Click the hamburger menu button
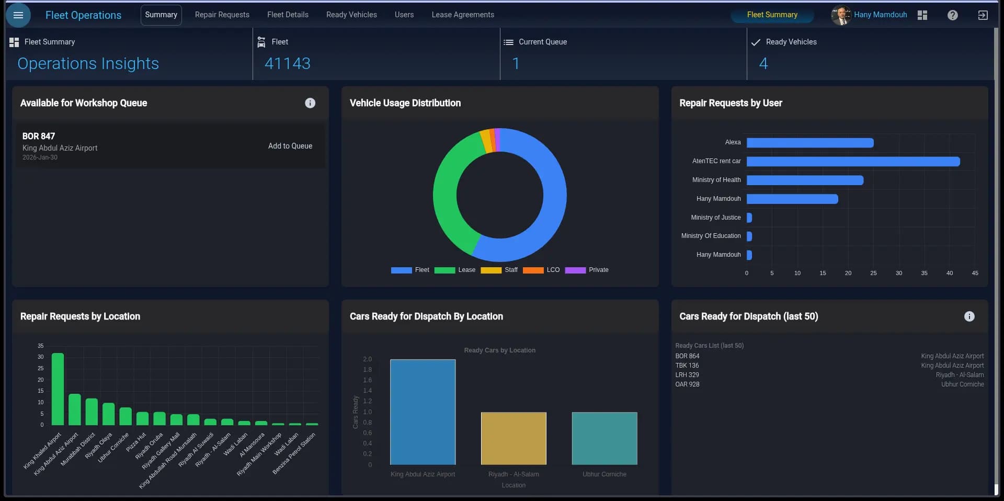pyautogui.click(x=18, y=15)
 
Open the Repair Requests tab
pyautogui.click(x=222, y=15)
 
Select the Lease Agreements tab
pyautogui.click(x=462, y=15)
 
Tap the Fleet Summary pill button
pyautogui.click(x=772, y=15)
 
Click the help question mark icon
pyautogui.click(x=952, y=15)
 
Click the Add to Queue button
pyautogui.click(x=290, y=146)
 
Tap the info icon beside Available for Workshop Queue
pyautogui.click(x=310, y=103)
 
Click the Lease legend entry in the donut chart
pyautogui.click(x=455, y=270)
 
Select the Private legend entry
pyautogui.click(x=587, y=270)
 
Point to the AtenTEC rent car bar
pyautogui.click(x=852, y=161)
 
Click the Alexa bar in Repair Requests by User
pyautogui.click(x=809, y=143)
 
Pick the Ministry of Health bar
pyautogui.click(x=804, y=180)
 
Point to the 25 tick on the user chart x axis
pyautogui.click(x=873, y=273)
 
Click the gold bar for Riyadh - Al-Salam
pyautogui.click(x=514, y=438)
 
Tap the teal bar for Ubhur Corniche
pyautogui.click(x=604, y=438)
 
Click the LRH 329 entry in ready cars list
pyautogui.click(x=687, y=375)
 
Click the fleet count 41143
pyautogui.click(x=287, y=64)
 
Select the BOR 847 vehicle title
pyautogui.click(x=39, y=136)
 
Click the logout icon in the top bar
pyautogui.click(x=983, y=15)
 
